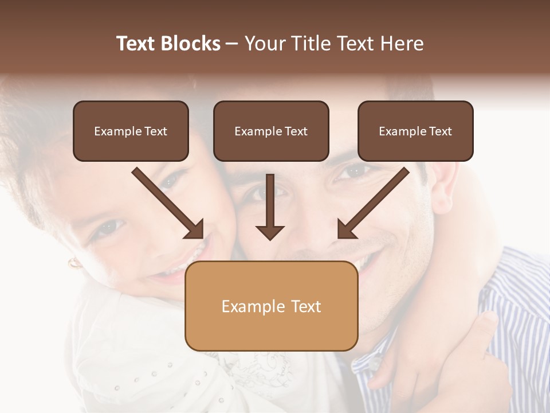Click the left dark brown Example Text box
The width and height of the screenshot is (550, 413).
131,131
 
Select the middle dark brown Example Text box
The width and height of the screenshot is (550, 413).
271,131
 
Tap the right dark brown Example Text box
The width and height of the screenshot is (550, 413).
415,131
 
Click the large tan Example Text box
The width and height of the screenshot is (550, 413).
271,306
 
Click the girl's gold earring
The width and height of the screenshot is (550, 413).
74,263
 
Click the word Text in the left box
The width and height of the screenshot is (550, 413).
155,131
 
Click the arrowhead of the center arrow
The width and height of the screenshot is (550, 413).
270,232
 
